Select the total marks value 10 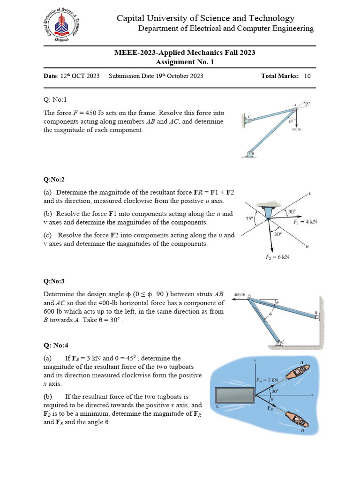307,76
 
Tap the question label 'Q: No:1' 55,99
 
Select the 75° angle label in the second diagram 249,218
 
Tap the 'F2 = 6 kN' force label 277,256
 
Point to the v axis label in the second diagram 310,193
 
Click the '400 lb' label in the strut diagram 239,295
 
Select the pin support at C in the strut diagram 281,343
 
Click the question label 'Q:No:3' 54,281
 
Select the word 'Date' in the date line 50,76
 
